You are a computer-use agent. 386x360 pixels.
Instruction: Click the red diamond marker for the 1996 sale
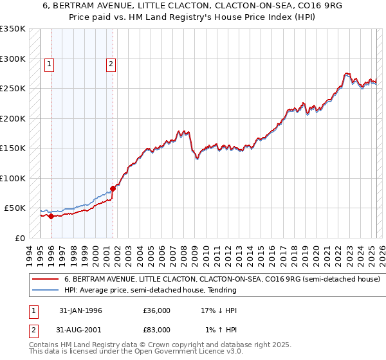(51, 216)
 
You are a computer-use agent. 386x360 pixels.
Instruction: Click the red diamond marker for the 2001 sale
(113, 188)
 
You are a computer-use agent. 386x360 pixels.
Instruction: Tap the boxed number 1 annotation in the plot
(50, 64)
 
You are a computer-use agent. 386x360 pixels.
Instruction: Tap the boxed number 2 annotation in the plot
(111, 64)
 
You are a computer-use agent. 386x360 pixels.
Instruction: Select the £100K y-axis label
(13, 178)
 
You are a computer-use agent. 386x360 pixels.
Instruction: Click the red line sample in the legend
(45, 280)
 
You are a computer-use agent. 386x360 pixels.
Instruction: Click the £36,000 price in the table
(157, 310)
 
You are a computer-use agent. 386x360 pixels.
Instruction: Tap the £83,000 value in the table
(157, 329)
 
